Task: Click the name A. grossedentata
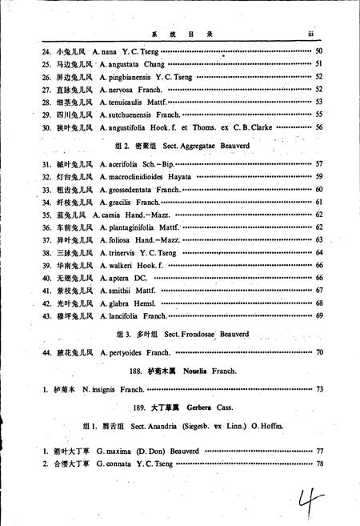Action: pos(126,189)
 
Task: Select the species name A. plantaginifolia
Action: pos(128,227)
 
